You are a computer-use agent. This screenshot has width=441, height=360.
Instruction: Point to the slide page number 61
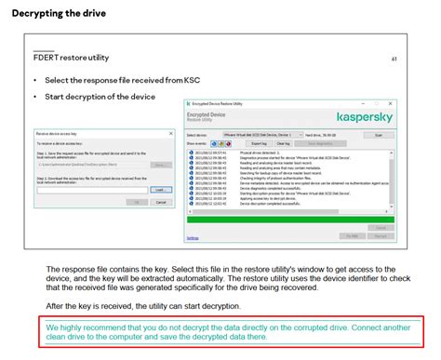pyautogui.click(x=394, y=59)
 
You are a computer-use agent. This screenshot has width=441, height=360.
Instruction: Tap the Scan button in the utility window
pyautogui.click(x=378, y=135)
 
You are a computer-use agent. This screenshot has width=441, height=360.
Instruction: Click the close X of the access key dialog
pyautogui.click(x=171, y=133)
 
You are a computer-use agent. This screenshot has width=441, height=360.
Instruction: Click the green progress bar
pyautogui.click(x=289, y=219)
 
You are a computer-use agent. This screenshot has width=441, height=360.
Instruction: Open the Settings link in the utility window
pyautogui.click(x=193, y=237)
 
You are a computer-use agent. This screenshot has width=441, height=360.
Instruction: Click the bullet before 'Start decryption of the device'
pyautogui.click(x=34, y=95)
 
